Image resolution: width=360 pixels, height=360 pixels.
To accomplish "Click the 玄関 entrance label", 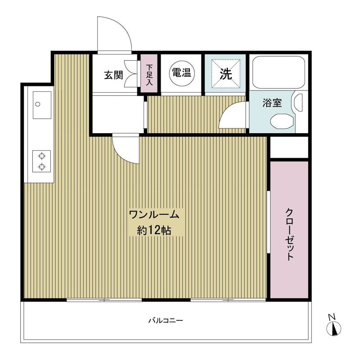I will (113, 75).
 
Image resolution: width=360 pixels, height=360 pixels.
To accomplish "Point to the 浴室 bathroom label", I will (272, 103).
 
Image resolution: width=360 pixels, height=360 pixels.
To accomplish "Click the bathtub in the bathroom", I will (278, 72).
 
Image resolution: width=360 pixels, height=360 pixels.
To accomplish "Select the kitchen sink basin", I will (42, 105).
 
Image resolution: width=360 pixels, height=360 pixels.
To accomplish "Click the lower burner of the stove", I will (42, 167).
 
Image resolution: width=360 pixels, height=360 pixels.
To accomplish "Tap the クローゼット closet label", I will (289, 234).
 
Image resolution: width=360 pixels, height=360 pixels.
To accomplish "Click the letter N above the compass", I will (332, 316).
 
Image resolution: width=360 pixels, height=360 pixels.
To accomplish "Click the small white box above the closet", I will (289, 147).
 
